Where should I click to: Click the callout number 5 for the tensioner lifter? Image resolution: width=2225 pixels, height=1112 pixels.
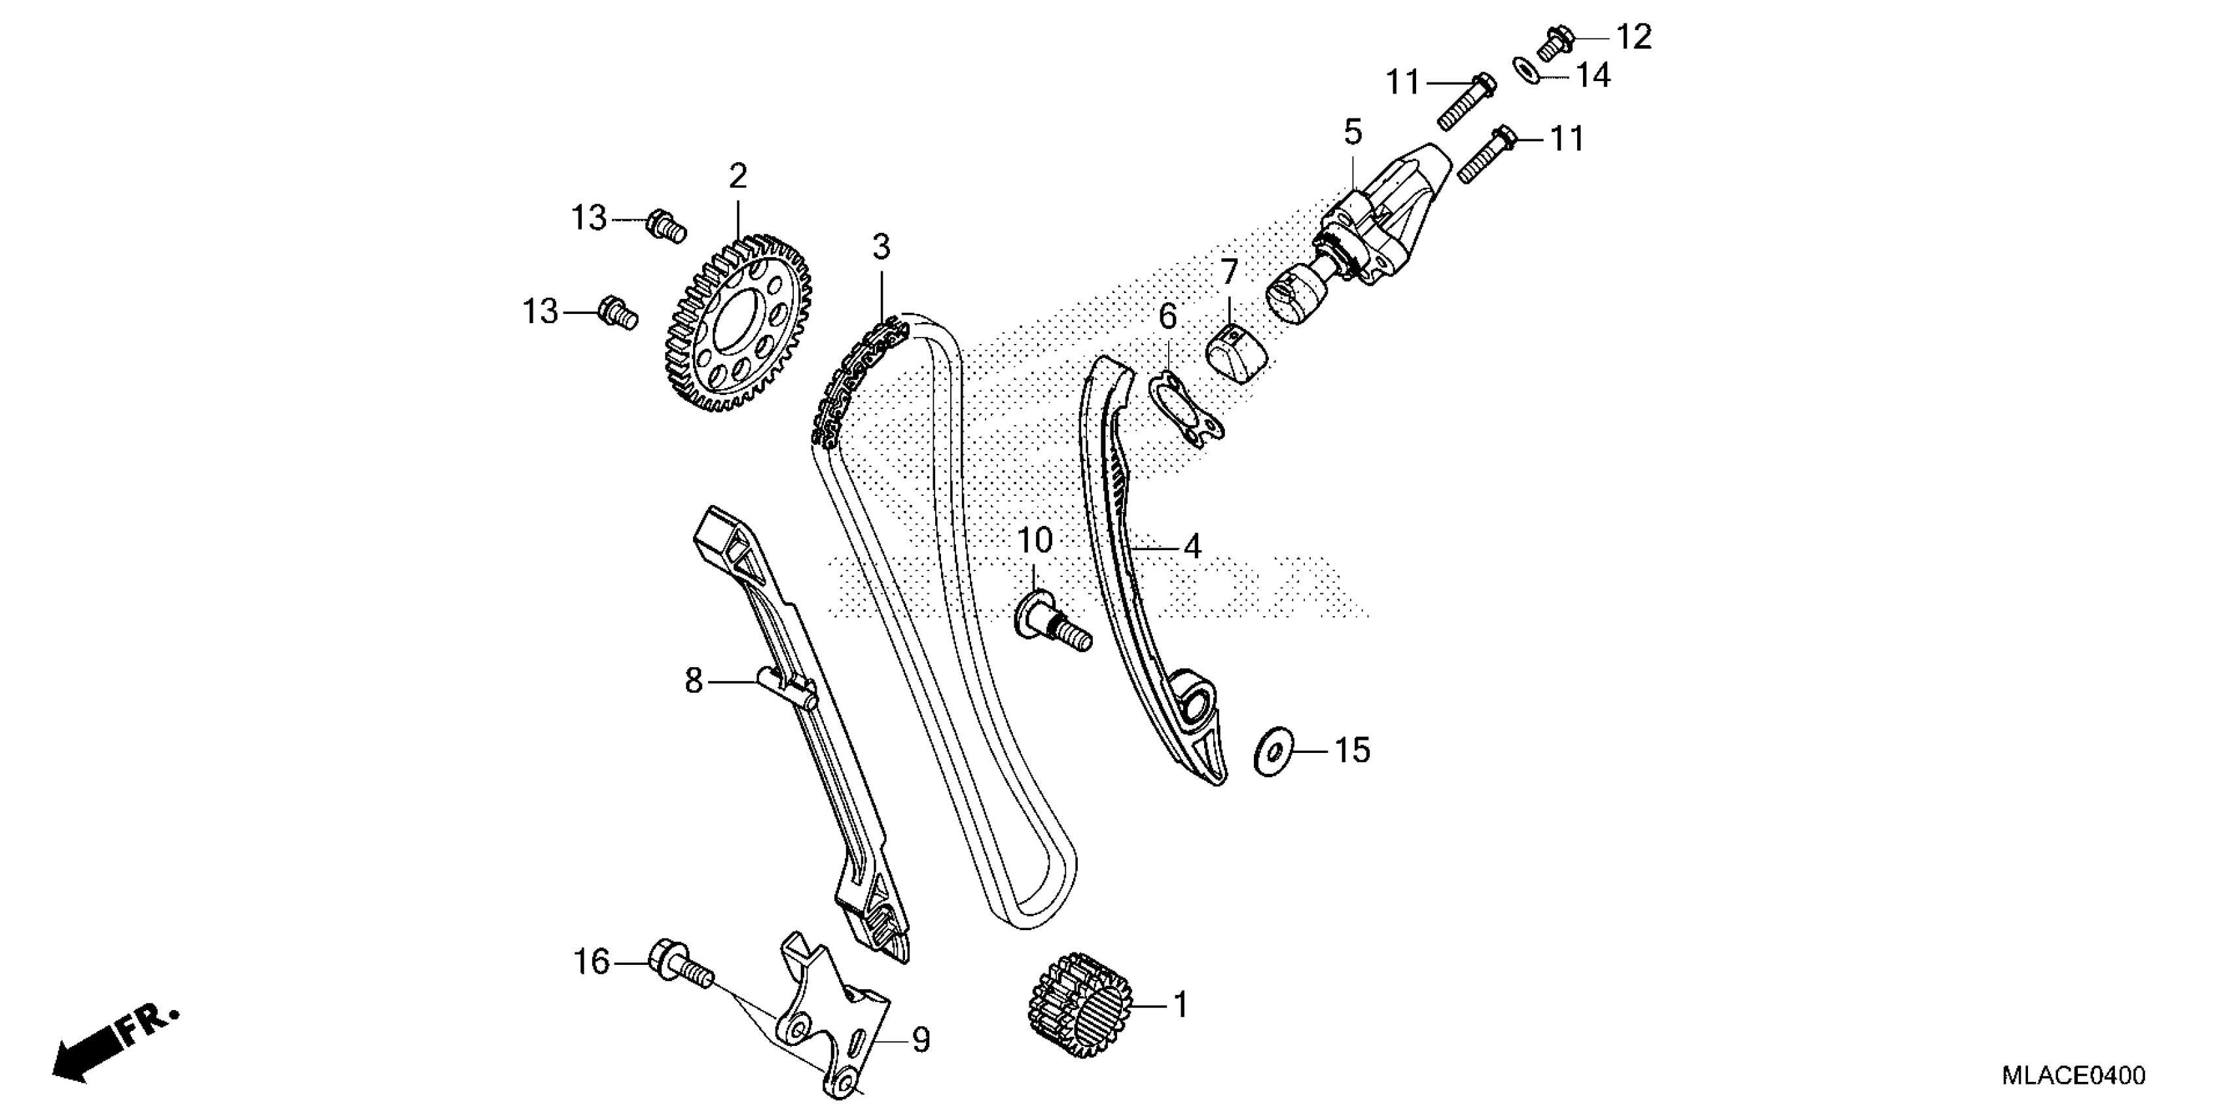click(x=1353, y=133)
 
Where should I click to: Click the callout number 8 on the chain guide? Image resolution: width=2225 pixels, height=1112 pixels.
click(x=694, y=681)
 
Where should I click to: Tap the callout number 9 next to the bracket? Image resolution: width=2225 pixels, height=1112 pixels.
click(x=921, y=1040)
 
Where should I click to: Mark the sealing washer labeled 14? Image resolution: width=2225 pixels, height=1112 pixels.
click(x=1526, y=70)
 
